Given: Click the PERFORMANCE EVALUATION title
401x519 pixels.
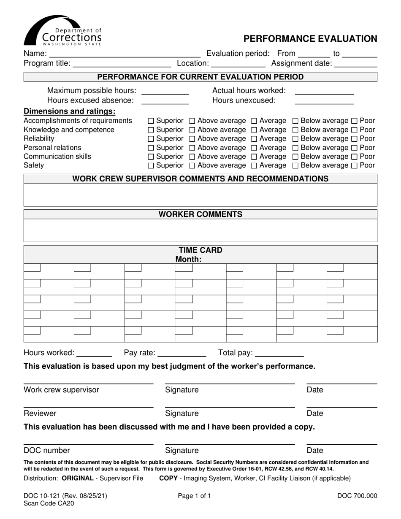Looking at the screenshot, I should click(x=310, y=39).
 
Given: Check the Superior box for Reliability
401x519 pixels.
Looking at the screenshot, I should click(x=152, y=139).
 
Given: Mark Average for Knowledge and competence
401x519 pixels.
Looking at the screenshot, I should click(x=254, y=130).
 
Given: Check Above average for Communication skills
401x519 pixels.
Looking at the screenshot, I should click(x=192, y=157).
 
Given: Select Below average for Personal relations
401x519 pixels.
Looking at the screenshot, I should click(x=295, y=148).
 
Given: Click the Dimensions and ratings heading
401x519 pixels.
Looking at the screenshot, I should click(x=70, y=111).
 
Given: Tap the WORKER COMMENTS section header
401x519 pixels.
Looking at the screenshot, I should click(x=200, y=214).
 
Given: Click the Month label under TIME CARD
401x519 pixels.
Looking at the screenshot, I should click(x=188, y=259).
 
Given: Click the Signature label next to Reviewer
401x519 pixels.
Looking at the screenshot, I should click(x=182, y=414).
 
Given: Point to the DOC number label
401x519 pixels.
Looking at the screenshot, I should click(x=47, y=451).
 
